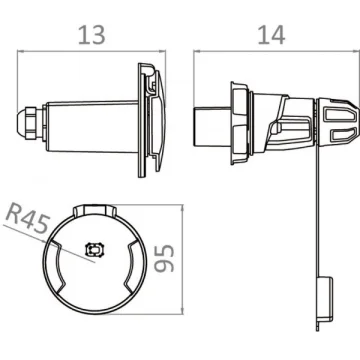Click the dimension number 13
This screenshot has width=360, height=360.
[92, 35]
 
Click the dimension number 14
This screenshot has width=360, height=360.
[272, 35]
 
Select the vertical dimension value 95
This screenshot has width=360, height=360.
[165, 258]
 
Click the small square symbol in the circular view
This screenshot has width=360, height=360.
[96, 250]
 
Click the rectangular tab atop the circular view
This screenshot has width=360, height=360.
[95, 211]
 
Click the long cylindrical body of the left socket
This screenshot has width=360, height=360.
[92, 127]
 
